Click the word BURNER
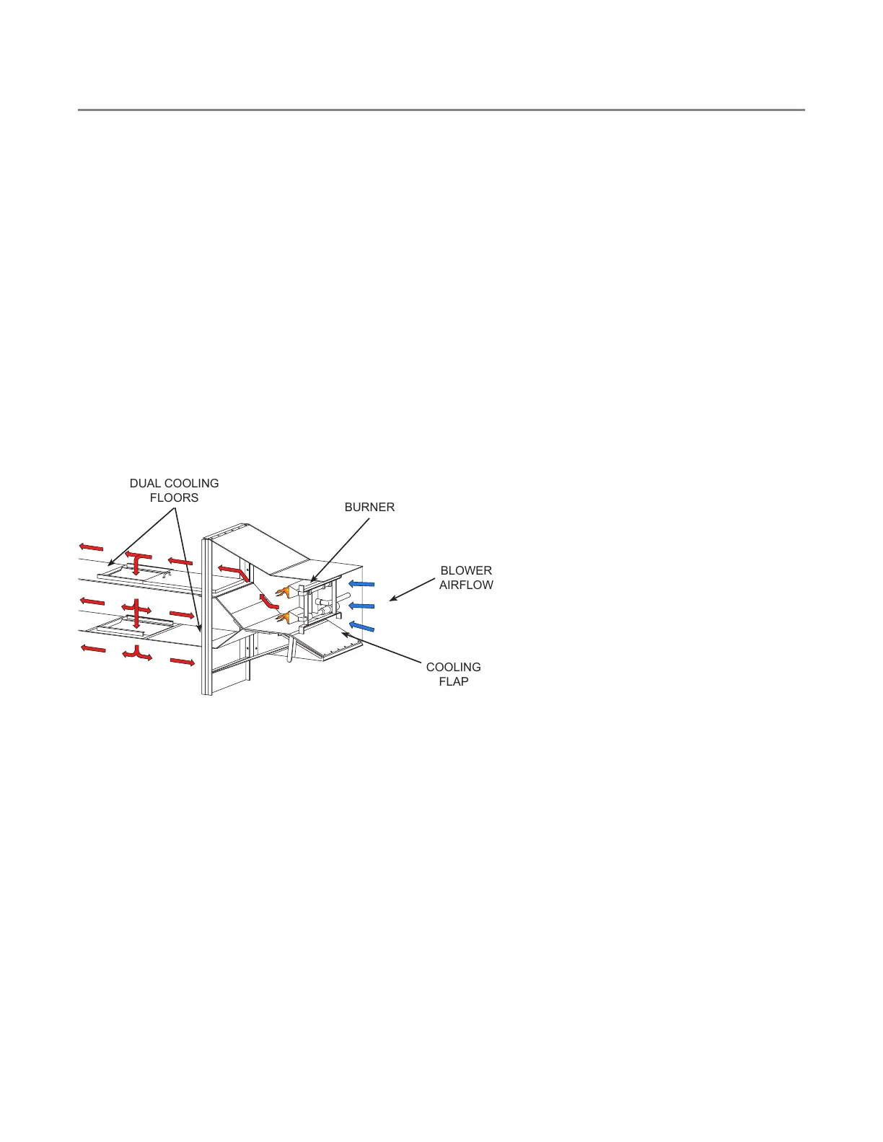coord(369,507)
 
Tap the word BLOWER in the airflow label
coord(466,570)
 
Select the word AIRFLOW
coord(466,585)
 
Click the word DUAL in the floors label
coord(144,483)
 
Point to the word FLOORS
coord(174,497)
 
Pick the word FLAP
coord(454,681)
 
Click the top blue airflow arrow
coord(361,583)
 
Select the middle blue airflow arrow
coord(361,606)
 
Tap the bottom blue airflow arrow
coord(361,627)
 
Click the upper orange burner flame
coord(282,592)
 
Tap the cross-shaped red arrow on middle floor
coord(136,611)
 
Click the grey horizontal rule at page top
coord(441,110)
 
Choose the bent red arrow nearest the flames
coord(268,601)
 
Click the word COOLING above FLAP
coord(453,667)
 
